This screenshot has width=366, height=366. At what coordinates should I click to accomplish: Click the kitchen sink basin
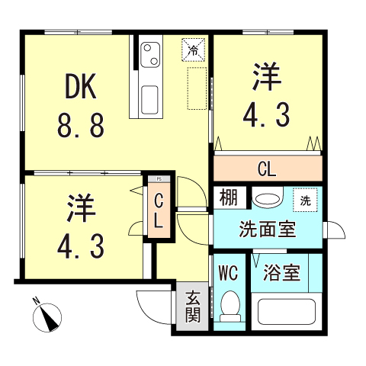[149, 98]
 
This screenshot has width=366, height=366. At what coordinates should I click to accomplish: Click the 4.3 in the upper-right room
[266, 116]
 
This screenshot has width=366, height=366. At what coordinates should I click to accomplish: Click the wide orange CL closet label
[266, 168]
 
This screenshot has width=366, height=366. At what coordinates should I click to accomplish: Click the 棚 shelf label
[228, 197]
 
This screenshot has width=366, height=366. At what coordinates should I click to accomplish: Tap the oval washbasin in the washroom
[266, 199]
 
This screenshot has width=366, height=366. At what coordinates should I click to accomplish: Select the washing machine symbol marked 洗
[304, 201]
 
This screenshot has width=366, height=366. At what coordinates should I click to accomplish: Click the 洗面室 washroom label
[267, 229]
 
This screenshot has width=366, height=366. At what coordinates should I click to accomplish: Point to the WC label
[229, 273]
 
